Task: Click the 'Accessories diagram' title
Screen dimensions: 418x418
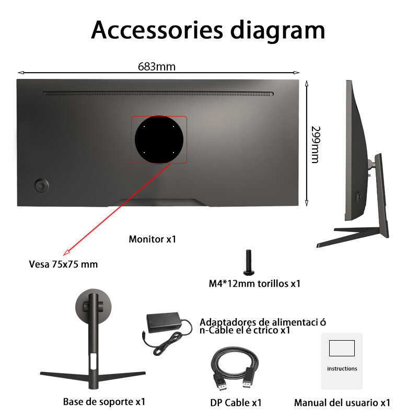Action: pos(208,30)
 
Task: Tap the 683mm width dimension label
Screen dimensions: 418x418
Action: pos(157,66)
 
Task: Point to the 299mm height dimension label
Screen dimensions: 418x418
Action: pos(315,144)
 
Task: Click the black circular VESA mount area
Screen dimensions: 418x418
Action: pos(159,140)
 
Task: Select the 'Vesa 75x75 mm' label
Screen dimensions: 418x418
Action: pos(63,264)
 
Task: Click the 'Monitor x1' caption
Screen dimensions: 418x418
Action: pos(153,240)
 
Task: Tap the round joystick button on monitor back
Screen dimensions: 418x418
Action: pos(40,185)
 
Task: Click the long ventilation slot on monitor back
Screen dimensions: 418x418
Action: pos(158,94)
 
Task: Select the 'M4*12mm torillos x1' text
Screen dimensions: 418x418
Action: pos(254,284)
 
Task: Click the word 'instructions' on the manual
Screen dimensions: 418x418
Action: pos(342,368)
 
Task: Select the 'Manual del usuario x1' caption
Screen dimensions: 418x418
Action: pos(342,403)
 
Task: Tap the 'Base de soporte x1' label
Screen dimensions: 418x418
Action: pos(104,402)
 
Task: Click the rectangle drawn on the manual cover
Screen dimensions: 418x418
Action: pos(342,349)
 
